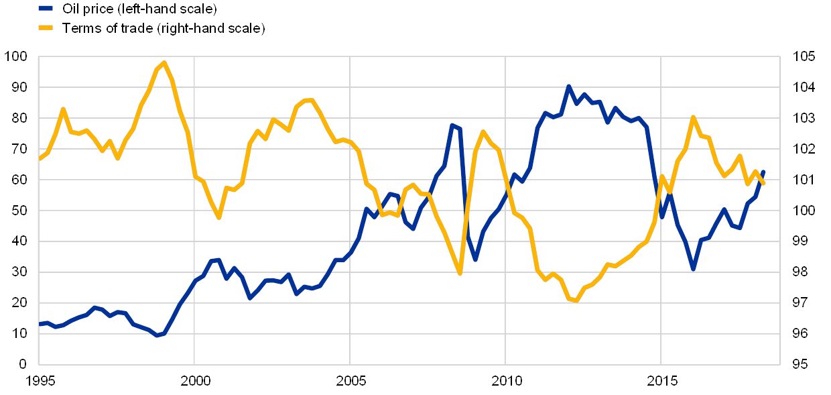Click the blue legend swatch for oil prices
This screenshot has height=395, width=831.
point(46,9)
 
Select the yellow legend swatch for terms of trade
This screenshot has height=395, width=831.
point(46,28)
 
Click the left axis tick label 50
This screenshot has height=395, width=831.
point(19,211)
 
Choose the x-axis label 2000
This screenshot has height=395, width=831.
point(195,382)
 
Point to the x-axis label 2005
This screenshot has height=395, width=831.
point(350,382)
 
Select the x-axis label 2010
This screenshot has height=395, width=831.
point(505,382)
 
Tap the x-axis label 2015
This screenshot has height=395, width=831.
point(661,382)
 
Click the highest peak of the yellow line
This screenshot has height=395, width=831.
point(164,62)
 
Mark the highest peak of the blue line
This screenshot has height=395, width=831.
point(568,86)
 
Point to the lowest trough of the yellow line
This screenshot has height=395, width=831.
point(575,301)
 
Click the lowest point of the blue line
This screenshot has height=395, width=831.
point(157,335)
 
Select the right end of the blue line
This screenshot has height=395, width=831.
point(763,172)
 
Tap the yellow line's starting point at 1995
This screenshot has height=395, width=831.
point(40,159)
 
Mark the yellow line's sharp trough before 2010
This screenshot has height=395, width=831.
point(460,273)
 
